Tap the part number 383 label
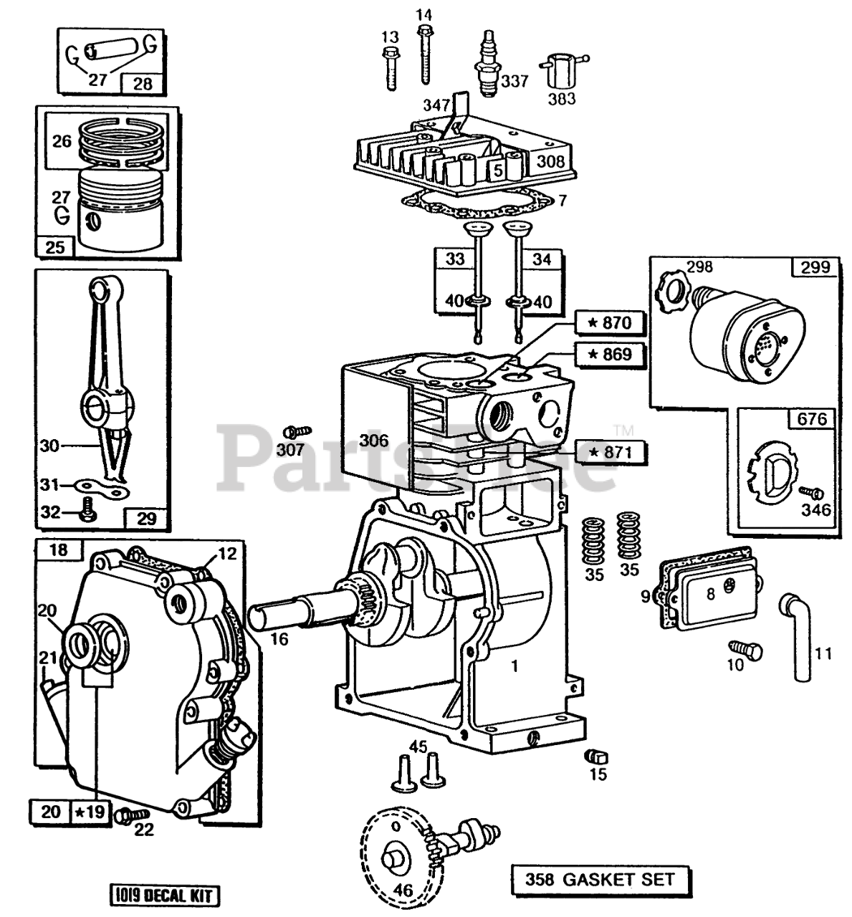[x=561, y=98]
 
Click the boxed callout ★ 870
[x=610, y=323]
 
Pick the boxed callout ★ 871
[x=610, y=452]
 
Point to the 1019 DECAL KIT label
[x=164, y=895]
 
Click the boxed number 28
[x=143, y=84]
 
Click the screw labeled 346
[x=812, y=493]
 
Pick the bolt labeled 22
[x=133, y=815]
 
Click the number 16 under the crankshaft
[x=279, y=639]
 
